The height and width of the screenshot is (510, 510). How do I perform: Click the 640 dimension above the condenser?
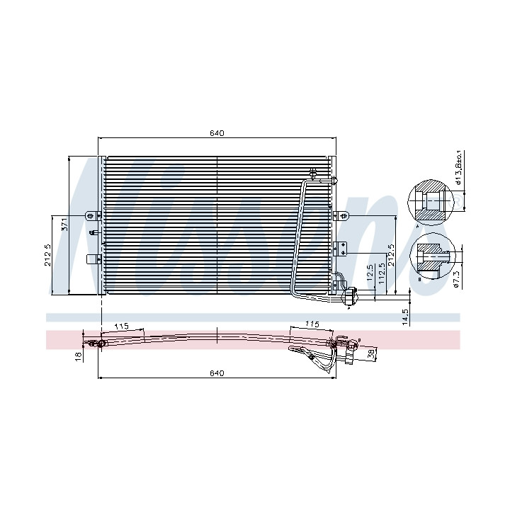pyautogui.click(x=217, y=133)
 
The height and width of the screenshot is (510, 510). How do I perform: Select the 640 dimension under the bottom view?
pyautogui.click(x=217, y=373)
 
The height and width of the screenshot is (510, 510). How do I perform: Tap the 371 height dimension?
pyautogui.click(x=64, y=225)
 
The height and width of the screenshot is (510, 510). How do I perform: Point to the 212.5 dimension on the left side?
pyautogui.click(x=47, y=255)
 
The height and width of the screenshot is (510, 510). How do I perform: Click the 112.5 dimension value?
pyautogui.click(x=382, y=273)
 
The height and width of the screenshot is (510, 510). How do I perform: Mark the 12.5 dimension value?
pyautogui.click(x=370, y=273)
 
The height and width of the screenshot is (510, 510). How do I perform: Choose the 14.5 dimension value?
pyautogui.click(x=405, y=317)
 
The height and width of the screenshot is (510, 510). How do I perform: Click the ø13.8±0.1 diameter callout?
pyautogui.click(x=459, y=167)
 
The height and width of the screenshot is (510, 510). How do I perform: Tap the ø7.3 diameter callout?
pyautogui.click(x=456, y=280)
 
